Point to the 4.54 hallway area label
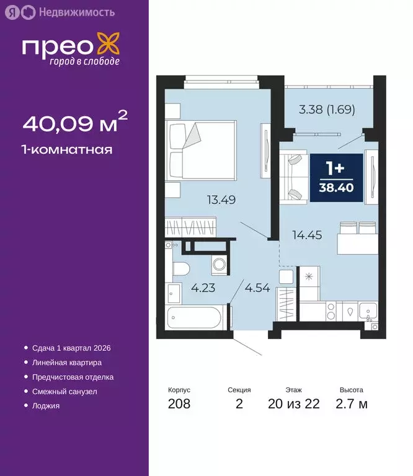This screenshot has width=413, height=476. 257,288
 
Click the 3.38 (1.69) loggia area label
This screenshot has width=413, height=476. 326,111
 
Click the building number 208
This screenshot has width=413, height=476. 179,404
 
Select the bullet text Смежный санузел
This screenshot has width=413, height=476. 64,392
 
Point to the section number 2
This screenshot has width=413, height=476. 239,404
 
